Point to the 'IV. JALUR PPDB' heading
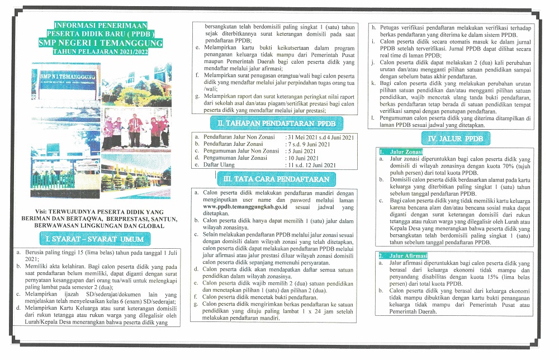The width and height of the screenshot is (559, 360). [x=455, y=139]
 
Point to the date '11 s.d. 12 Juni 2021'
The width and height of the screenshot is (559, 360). [x=311, y=165]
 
